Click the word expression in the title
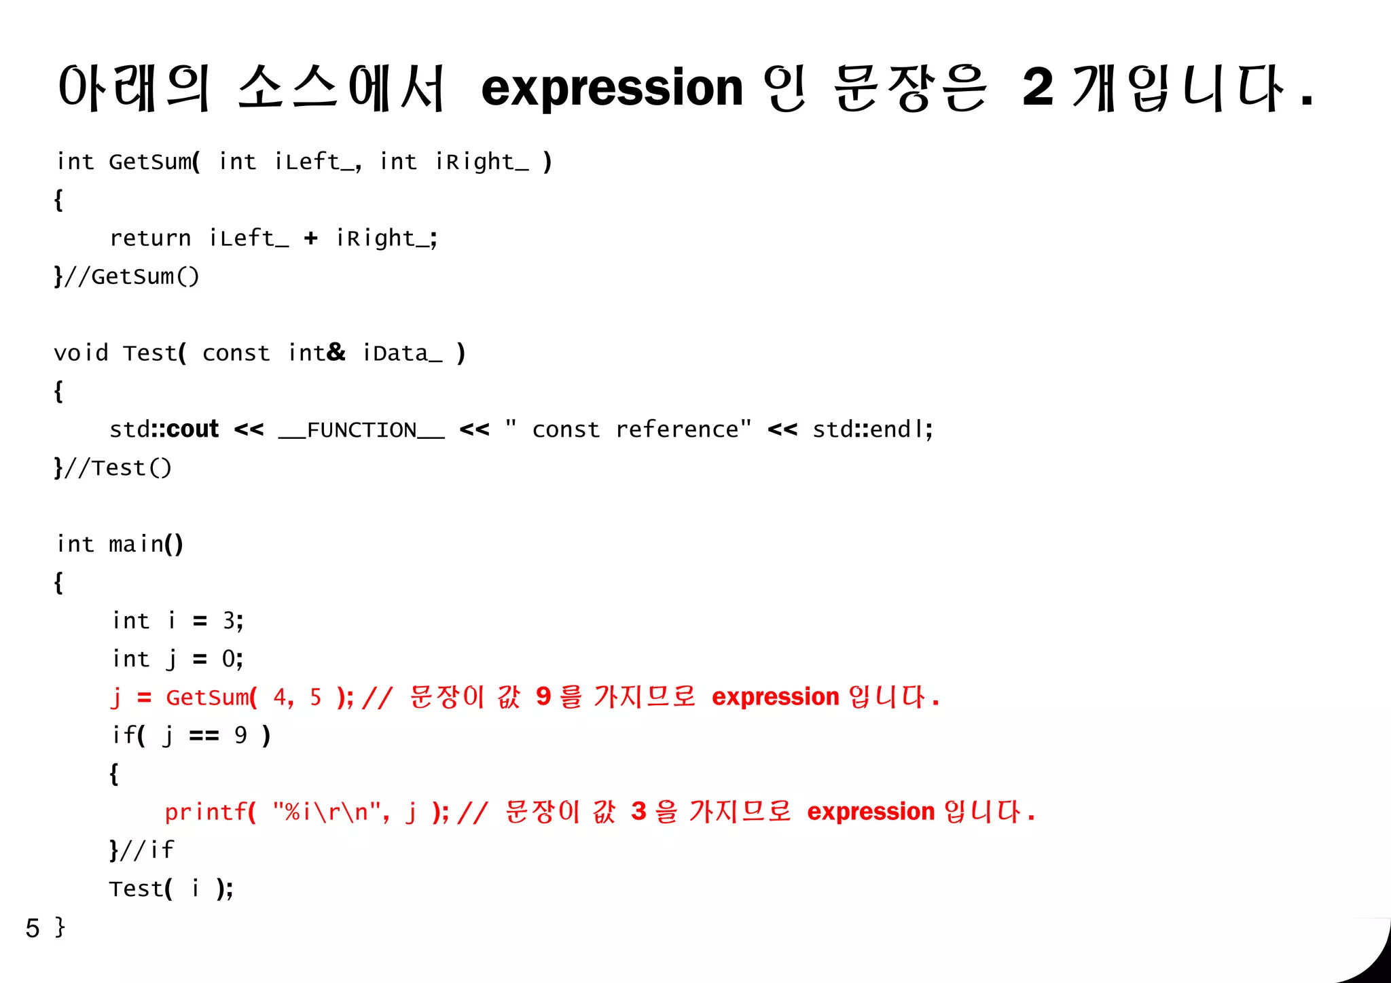612,89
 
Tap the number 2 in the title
1038,88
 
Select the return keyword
150,238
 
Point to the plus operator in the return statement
310,238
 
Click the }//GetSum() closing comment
127,276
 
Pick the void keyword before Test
81,353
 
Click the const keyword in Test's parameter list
236,353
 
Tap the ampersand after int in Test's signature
336,352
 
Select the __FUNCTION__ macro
361,430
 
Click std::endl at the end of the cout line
871,429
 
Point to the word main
137,544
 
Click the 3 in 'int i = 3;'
229,620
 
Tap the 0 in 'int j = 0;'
229,658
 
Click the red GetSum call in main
208,698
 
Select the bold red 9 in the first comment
543,696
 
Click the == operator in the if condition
204,736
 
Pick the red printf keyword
205,812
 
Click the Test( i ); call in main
171,889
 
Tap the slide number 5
33,928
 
